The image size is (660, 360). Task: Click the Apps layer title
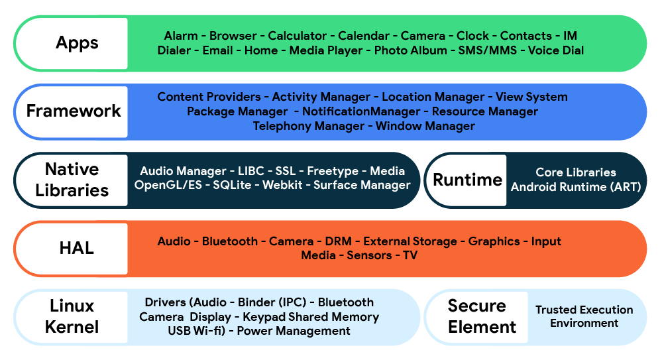click(77, 43)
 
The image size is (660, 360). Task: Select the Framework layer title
click(74, 111)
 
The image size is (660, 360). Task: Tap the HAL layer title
click(77, 248)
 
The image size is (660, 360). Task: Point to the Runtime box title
click(467, 180)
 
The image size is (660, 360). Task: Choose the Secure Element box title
click(482, 316)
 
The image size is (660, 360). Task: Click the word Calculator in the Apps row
click(297, 36)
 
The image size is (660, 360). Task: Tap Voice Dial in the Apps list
click(555, 50)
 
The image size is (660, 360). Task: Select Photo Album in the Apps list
click(410, 50)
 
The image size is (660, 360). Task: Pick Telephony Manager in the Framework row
click(308, 126)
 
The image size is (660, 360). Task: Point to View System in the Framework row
click(531, 97)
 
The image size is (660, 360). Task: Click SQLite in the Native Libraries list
click(232, 185)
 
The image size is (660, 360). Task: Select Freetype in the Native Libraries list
click(333, 171)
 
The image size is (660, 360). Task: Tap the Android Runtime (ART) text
click(576, 187)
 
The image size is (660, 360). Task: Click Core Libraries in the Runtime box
click(576, 172)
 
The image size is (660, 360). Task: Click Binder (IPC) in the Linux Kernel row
click(274, 302)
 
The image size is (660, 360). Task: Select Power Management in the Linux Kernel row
click(294, 331)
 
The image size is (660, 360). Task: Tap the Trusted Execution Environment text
click(584, 316)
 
